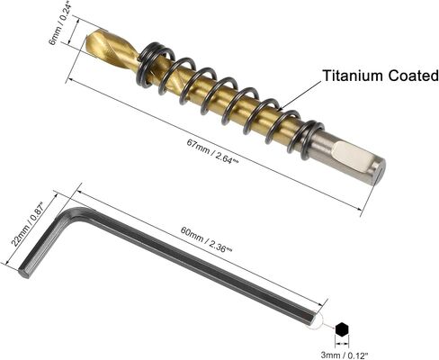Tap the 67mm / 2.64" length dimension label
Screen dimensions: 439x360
(x=212, y=152)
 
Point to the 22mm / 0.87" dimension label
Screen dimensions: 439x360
(x=28, y=224)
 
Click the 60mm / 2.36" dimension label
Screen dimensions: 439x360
(x=206, y=239)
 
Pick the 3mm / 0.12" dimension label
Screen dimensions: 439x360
(x=345, y=355)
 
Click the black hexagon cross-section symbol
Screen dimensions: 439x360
(x=342, y=330)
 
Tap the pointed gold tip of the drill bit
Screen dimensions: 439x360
(x=87, y=39)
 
